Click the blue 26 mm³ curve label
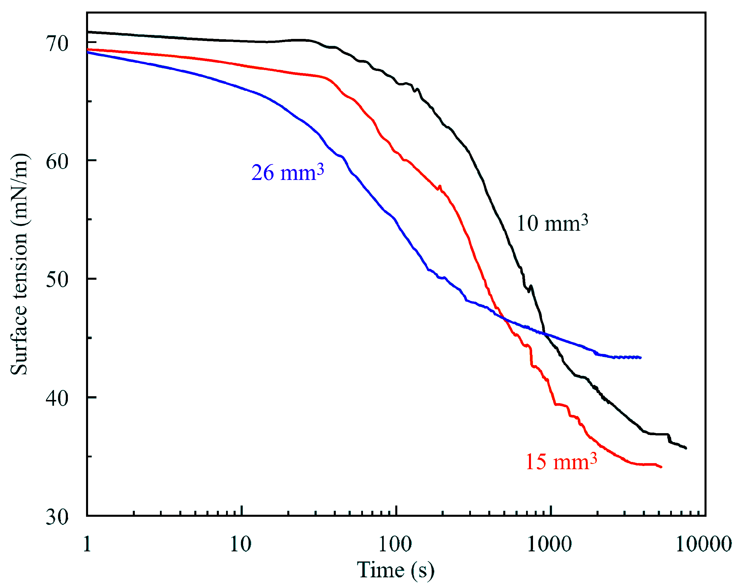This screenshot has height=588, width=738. coord(288,173)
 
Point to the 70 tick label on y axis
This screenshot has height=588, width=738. coord(57,44)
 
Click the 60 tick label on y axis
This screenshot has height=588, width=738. coord(57,161)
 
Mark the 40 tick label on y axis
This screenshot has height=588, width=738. coord(57,398)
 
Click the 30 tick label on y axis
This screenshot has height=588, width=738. coord(57,516)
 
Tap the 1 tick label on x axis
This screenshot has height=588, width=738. coord(87,544)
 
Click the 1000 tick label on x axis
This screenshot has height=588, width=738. coord(549,544)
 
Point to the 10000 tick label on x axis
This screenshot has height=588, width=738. coord(704,544)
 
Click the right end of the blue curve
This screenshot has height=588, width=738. coord(640,358)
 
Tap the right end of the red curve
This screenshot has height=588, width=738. coord(661,467)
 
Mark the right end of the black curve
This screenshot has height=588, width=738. coord(686,448)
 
